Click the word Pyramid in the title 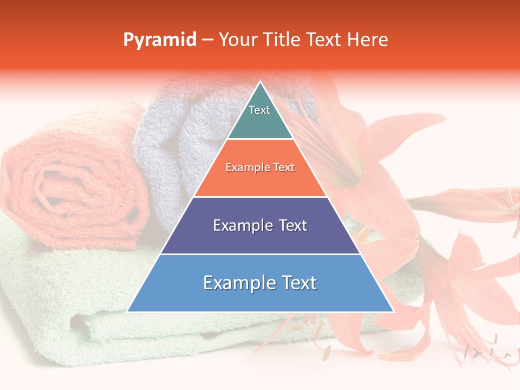[159, 40]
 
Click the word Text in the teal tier [259, 110]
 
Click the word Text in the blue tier [297, 283]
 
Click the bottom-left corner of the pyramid [128, 311]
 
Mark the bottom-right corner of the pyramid [393, 311]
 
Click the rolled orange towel [70, 179]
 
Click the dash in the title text [207, 40]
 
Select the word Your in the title [237, 40]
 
